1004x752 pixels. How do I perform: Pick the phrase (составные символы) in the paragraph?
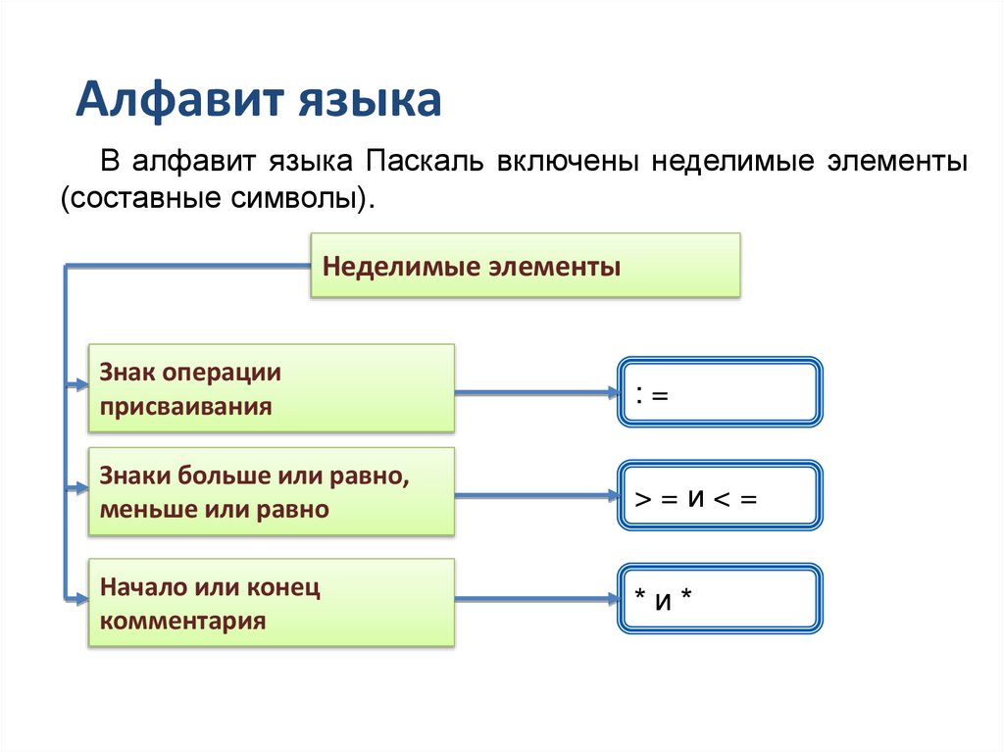[218, 198]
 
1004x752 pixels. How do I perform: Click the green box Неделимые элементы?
[525, 266]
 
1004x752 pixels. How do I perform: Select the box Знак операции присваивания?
[272, 388]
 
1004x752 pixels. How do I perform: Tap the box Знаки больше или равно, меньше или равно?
[272, 491]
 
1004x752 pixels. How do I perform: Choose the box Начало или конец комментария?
[272, 603]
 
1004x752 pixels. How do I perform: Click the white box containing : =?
[720, 392]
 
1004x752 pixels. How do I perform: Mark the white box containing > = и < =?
[720, 497]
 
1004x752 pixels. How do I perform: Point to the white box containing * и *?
[720, 597]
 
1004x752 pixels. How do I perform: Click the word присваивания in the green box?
[185, 405]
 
